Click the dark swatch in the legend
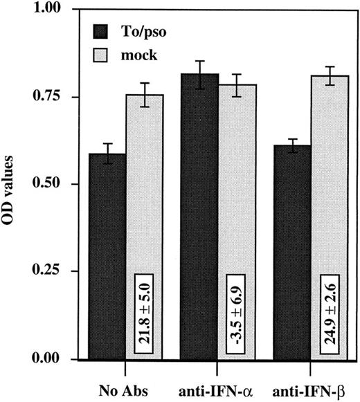pos(105,30)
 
